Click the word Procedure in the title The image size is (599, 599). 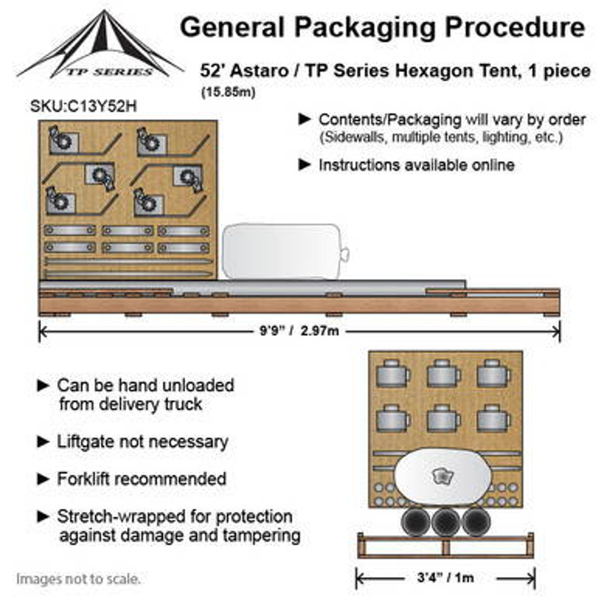[x=515, y=27]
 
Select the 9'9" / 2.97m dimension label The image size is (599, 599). [x=299, y=331]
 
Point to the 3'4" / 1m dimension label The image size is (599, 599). [x=445, y=577]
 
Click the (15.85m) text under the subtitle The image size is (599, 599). [x=228, y=92]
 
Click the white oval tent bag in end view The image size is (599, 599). [x=442, y=477]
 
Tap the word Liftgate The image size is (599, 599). [x=86, y=441]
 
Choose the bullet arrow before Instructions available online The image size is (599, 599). [x=305, y=165]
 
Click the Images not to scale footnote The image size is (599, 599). [x=78, y=579]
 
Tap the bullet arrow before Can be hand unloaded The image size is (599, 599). [x=43, y=386]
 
